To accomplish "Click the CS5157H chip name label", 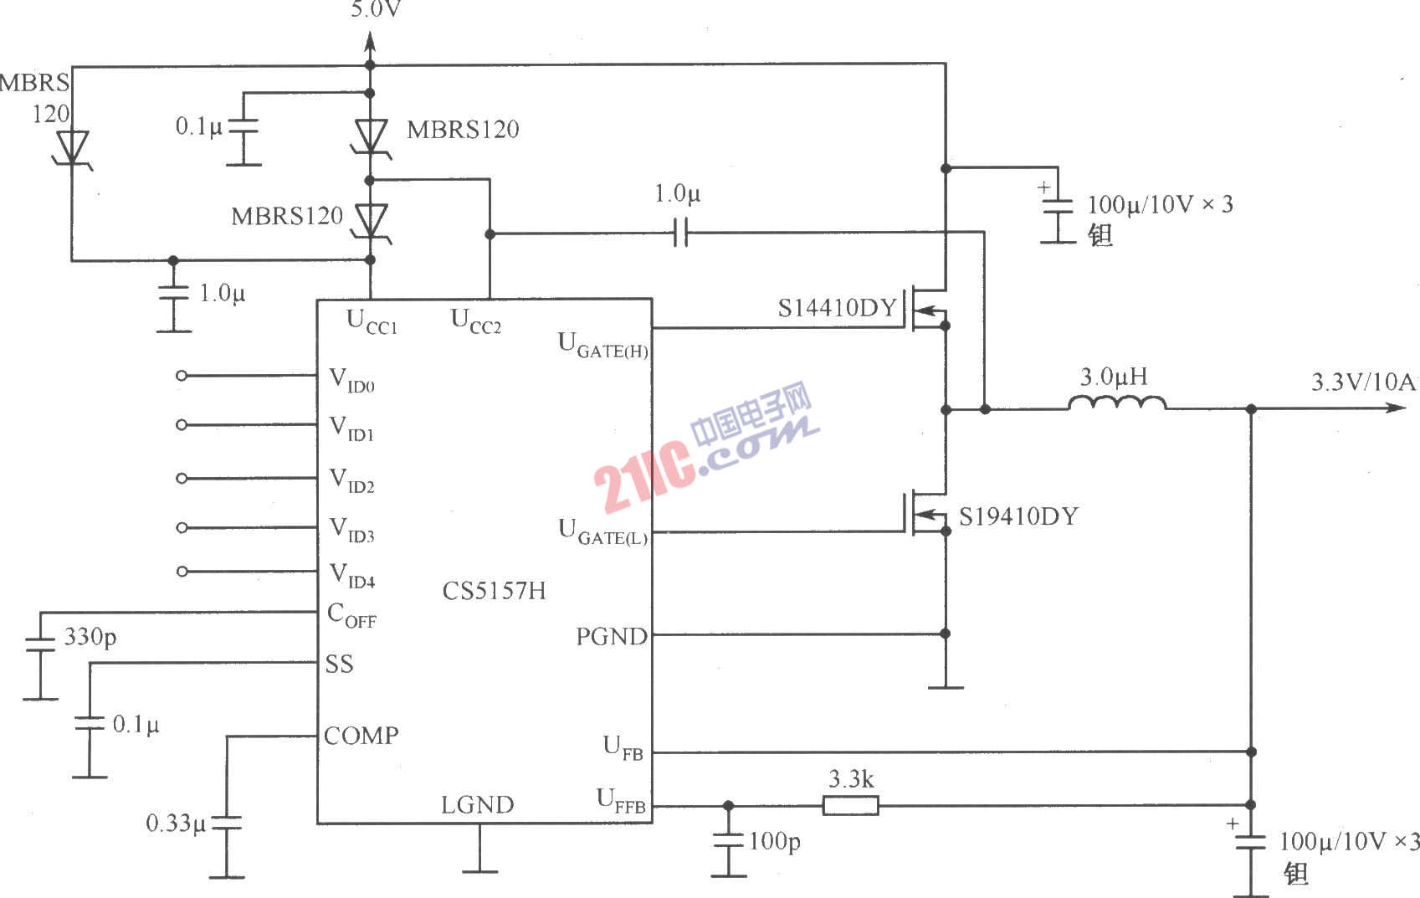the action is click(494, 590).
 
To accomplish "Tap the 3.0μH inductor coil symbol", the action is click(1117, 403).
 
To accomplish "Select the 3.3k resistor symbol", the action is click(851, 805).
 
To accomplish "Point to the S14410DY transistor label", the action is click(837, 308).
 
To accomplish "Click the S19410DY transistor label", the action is click(1018, 516).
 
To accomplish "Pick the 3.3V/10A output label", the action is click(1363, 382).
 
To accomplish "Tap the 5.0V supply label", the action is click(376, 9).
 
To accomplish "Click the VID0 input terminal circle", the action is click(182, 376).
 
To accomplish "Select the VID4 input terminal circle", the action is click(182, 572).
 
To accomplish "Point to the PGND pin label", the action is click(611, 636).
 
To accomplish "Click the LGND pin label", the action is click(477, 805).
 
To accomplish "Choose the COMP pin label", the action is click(361, 736).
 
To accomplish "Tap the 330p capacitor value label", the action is click(90, 637).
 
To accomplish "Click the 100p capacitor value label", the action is click(775, 842).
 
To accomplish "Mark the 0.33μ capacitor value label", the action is click(177, 824).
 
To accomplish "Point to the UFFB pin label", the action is click(621, 801).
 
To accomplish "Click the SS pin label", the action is click(339, 664).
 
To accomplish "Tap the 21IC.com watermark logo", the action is click(705, 446).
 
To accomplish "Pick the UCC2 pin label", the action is click(475, 321).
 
